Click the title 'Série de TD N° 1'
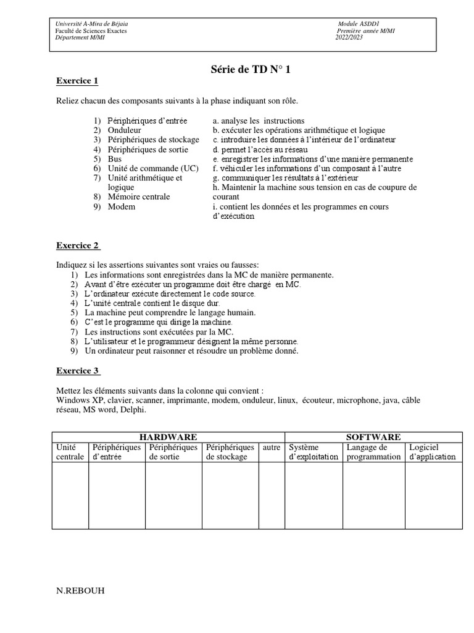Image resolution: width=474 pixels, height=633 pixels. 250,69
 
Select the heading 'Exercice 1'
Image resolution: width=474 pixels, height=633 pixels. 77,81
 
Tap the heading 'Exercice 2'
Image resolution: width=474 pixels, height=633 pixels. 78,245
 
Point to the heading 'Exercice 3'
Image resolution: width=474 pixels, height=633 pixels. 78,371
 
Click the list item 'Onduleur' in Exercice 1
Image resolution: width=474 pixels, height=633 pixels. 124,130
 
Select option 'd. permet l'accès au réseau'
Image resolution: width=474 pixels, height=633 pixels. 260,150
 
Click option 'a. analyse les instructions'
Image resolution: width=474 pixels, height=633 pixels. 258,121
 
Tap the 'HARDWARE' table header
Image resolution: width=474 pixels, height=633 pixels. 168,437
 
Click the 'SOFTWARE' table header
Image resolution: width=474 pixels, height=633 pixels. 373,437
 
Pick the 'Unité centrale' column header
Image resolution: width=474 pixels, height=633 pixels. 70,452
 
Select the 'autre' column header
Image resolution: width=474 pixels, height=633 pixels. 271,447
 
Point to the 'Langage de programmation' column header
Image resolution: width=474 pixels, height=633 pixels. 373,452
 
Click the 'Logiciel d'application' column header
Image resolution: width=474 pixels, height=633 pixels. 432,452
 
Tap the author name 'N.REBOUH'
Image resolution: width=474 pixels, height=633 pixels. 80,590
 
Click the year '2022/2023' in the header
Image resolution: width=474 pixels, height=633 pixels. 350,36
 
